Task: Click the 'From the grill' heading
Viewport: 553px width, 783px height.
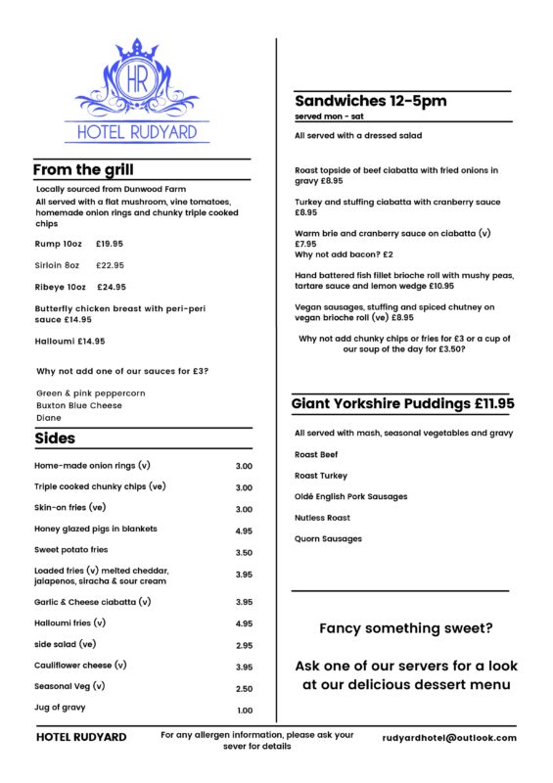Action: click(83, 170)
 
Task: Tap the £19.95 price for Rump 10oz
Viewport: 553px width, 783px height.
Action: click(110, 243)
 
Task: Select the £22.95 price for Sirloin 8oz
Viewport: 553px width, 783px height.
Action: click(111, 265)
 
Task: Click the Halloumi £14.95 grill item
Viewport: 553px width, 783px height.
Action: click(69, 342)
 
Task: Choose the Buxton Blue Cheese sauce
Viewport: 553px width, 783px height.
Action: click(79, 405)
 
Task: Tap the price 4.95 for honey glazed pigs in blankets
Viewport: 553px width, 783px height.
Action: click(244, 530)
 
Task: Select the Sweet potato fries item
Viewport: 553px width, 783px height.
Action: click(71, 550)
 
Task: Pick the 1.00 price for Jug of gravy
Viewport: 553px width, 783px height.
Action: click(244, 711)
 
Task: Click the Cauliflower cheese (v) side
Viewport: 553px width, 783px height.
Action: click(81, 665)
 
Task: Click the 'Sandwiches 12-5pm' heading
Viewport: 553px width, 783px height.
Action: click(370, 101)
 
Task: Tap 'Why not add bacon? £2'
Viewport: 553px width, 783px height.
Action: click(344, 254)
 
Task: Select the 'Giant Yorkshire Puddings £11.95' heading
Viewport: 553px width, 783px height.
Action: click(402, 403)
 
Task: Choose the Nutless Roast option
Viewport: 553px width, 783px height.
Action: click(322, 518)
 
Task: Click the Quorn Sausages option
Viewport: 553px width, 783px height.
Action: click(328, 539)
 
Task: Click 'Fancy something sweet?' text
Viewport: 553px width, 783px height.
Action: click(406, 628)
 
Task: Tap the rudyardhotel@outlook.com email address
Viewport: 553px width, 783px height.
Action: click(449, 738)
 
